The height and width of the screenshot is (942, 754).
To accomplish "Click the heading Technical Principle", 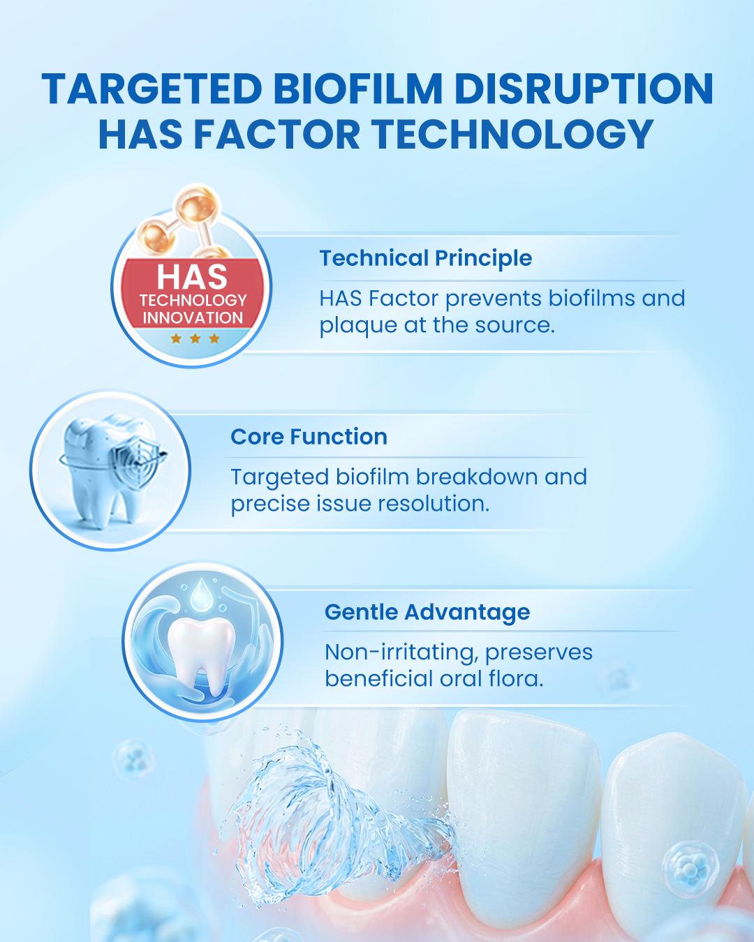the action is click(425, 257).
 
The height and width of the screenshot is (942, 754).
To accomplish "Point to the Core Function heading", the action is click(309, 436).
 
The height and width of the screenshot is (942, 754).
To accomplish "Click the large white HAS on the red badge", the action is click(192, 276).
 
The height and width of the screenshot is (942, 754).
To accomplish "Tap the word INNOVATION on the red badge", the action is click(193, 317).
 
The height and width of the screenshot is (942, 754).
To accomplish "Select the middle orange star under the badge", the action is click(195, 338).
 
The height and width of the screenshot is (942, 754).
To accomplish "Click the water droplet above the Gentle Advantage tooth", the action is click(202, 592).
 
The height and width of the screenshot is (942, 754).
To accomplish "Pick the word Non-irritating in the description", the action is click(401, 653).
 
